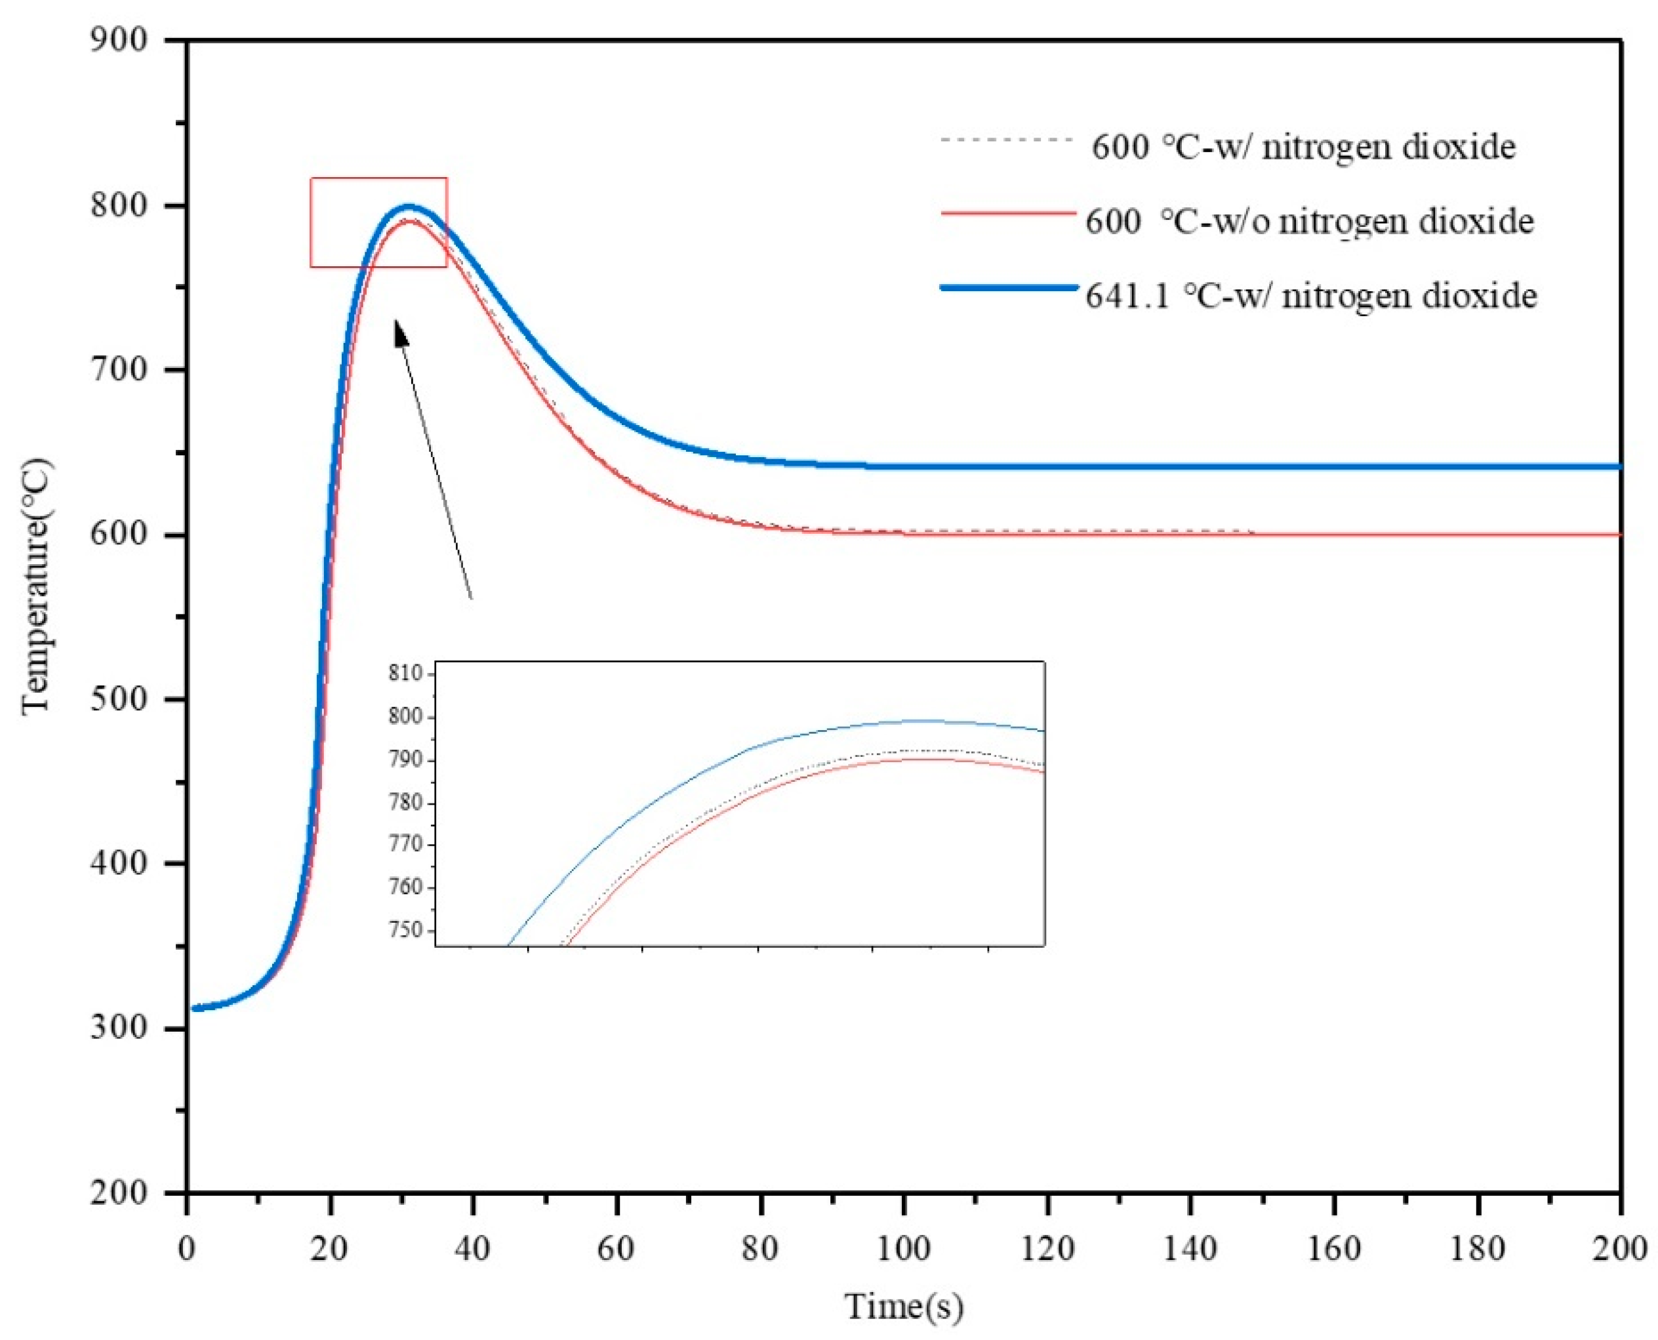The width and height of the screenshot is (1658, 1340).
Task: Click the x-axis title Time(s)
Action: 904,1306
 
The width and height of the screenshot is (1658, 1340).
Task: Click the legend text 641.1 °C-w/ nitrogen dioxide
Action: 1310,296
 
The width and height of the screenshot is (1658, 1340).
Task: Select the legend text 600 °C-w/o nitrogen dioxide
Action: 1309,222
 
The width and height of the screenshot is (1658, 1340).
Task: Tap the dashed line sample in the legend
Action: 1007,140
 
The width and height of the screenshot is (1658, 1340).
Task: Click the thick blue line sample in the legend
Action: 1008,287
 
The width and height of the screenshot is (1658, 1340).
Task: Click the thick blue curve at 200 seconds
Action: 1619,466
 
